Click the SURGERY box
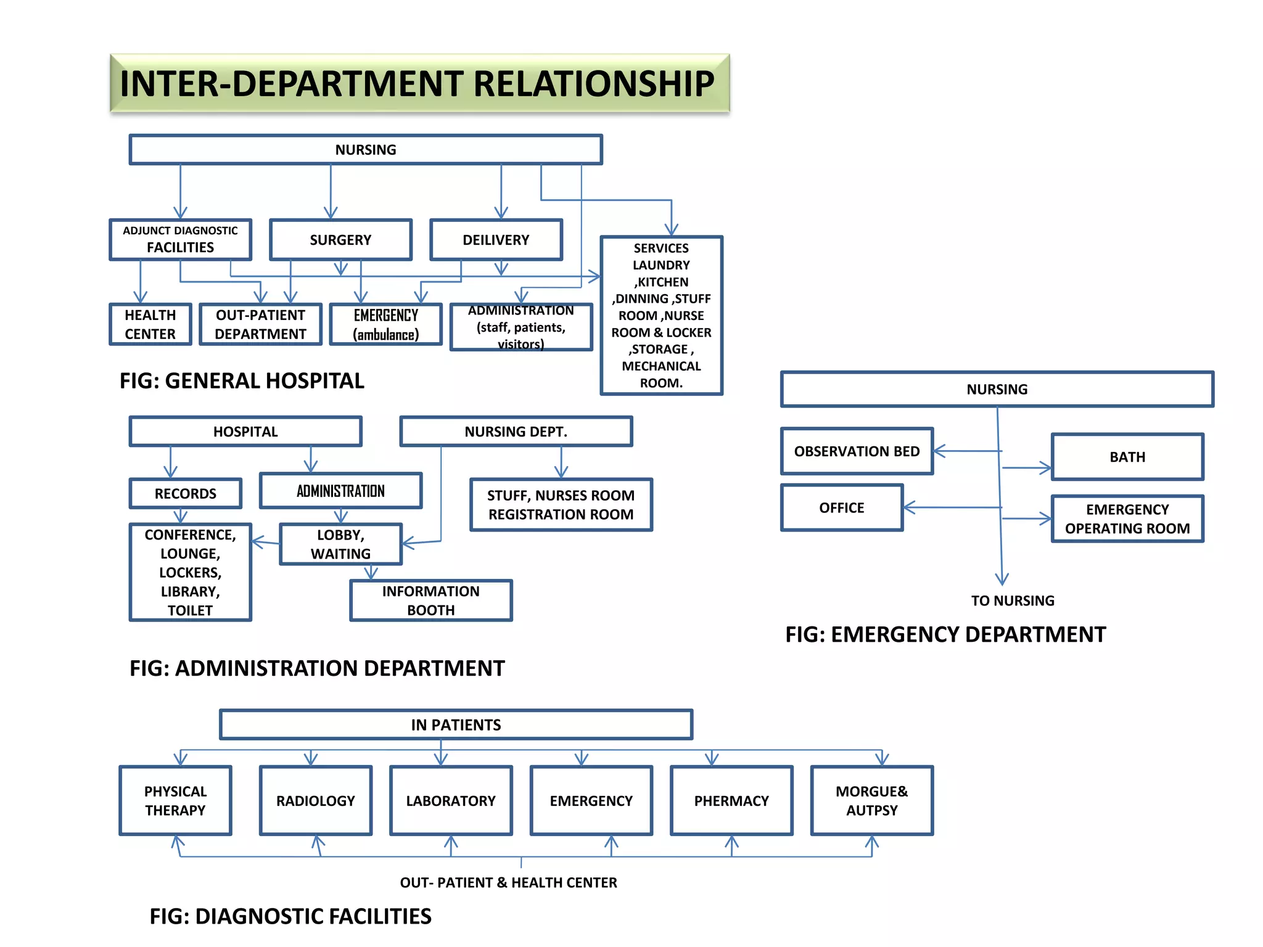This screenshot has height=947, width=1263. point(340,240)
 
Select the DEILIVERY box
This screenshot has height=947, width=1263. point(496,240)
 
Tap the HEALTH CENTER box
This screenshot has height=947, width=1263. point(150,324)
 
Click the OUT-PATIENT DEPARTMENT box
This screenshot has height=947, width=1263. point(260,324)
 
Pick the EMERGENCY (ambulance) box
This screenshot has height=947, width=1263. point(385,324)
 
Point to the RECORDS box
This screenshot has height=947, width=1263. point(185,493)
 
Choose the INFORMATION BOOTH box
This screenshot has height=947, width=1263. point(430,600)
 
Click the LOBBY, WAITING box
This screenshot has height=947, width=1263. point(340,544)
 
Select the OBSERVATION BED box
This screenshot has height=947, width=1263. point(857,451)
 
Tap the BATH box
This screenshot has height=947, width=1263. point(1127,457)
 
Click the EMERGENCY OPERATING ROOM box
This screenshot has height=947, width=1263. point(1127,519)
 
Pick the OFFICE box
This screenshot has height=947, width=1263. point(841,507)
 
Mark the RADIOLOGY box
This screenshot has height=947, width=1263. point(315,800)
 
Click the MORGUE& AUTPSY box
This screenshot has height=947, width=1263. point(871,800)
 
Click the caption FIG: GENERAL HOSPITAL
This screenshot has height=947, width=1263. point(242,380)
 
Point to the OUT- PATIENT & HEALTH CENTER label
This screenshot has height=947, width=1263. point(508,882)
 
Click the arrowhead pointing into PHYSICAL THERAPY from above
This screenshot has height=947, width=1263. point(180,760)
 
